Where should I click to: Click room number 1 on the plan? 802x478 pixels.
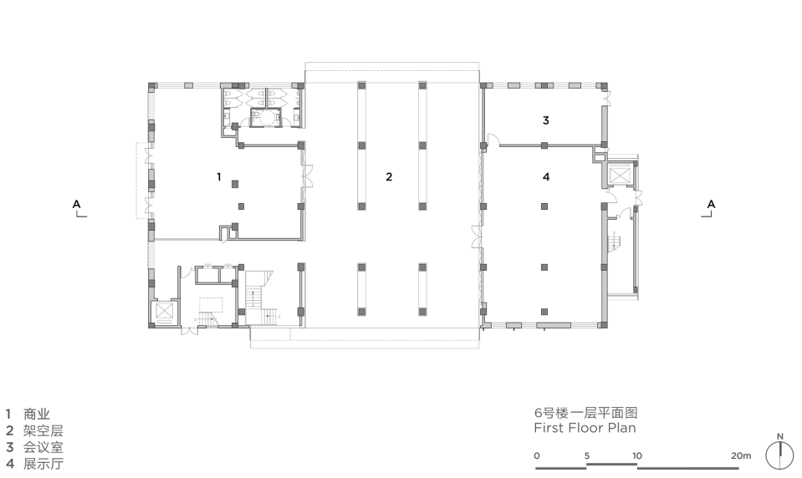point(219,177)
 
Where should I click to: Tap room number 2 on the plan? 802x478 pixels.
point(389,177)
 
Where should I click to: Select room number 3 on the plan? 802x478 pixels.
point(546,120)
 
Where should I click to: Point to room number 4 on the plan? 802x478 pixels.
point(546,177)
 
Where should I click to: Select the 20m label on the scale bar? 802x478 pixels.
point(741,455)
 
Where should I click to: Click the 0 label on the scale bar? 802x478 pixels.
point(537,455)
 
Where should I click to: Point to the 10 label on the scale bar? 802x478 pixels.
point(636,455)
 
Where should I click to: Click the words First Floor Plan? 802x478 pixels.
point(585,428)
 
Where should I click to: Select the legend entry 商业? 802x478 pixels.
point(36,414)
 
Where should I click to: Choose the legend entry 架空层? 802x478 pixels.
point(43,430)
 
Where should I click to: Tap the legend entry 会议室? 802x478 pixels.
point(43,447)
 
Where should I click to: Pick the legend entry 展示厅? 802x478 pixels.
point(43,464)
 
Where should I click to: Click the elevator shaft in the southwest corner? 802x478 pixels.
point(165,312)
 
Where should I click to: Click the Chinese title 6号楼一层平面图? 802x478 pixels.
point(585,413)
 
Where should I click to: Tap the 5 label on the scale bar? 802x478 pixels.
point(587,455)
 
